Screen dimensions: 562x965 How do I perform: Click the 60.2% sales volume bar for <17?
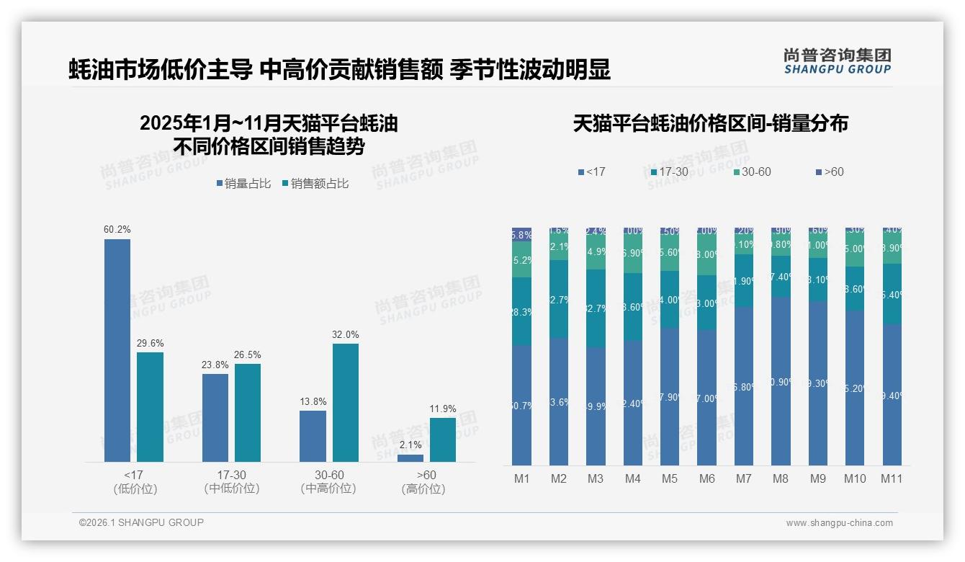117,350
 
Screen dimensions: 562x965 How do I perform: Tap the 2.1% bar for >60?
410,458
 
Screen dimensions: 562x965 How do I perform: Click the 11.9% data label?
443,409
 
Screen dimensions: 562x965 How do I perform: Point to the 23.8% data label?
215,365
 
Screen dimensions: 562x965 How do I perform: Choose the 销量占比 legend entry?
243,184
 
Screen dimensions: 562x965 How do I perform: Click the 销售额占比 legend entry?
315,184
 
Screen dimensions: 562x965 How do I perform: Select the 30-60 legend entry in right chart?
752,172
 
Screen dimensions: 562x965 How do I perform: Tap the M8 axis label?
781,478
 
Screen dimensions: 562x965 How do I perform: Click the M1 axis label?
521,478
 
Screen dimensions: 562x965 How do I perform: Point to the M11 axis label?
892,478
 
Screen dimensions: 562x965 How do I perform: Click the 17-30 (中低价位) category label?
231,481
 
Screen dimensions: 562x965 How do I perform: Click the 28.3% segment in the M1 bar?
521,311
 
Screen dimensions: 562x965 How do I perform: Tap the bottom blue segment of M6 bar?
706,398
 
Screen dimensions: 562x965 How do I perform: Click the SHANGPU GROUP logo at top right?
837,61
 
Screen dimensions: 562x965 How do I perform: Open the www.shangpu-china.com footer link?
839,523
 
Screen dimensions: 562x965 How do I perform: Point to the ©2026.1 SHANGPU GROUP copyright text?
141,522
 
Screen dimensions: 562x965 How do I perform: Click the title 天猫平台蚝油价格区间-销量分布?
710,124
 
